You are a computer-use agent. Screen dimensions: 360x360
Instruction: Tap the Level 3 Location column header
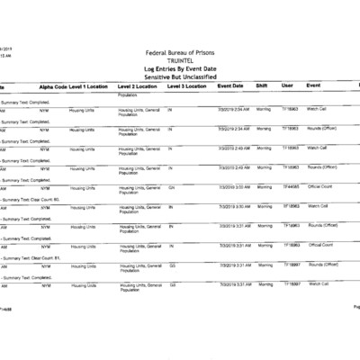click(x=188, y=85)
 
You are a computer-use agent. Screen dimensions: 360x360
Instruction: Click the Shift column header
click(x=262, y=85)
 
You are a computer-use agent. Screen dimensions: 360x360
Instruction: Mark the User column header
click(x=287, y=85)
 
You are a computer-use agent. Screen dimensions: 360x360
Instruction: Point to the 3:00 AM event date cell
click(x=231, y=186)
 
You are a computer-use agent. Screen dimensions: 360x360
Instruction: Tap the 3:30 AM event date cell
click(x=231, y=206)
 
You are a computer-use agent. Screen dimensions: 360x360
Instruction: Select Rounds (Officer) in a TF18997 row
click(x=323, y=265)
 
